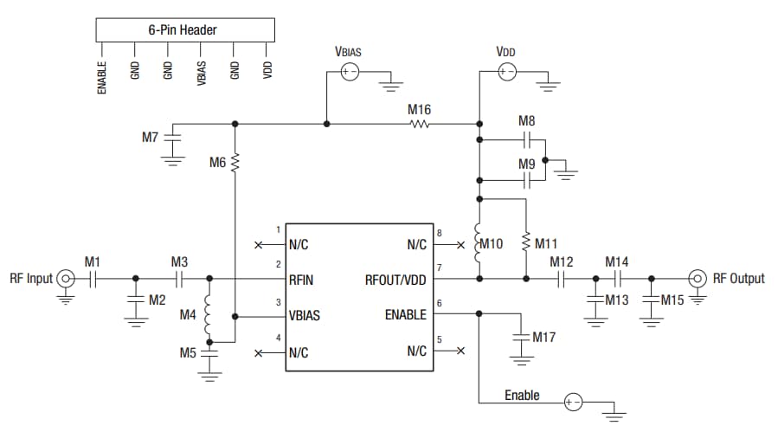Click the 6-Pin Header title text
tap(183, 29)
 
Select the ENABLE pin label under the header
tap(103, 75)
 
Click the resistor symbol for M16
tap(420, 124)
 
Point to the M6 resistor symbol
tap(235, 162)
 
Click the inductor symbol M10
tap(479, 243)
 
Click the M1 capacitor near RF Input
tap(93, 279)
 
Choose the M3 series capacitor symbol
tap(179, 279)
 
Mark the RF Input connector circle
tap(66, 279)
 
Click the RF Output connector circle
tap(698, 279)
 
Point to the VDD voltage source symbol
tap(506, 73)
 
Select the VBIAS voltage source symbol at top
tap(349, 73)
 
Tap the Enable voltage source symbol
tap(572, 403)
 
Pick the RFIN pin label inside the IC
tap(303, 280)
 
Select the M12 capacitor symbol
tap(562, 279)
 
